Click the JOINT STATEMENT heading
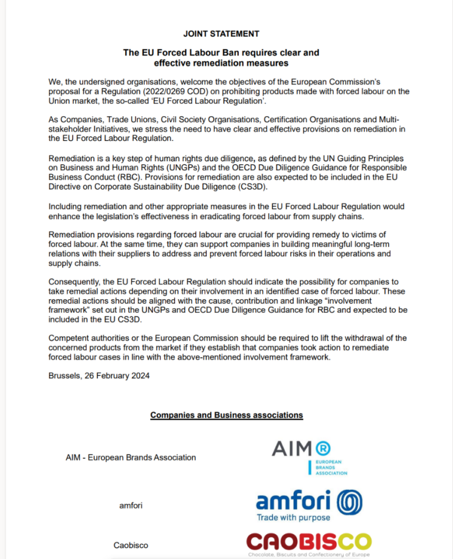[221, 34]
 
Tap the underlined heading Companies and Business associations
[226, 415]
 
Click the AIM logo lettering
[291, 449]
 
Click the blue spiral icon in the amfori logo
[349, 502]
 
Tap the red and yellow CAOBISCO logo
[308, 542]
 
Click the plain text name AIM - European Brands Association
[131, 457]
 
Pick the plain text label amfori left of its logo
[130, 505]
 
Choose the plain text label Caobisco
[130, 545]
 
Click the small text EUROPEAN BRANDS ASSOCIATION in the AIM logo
[330, 467]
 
